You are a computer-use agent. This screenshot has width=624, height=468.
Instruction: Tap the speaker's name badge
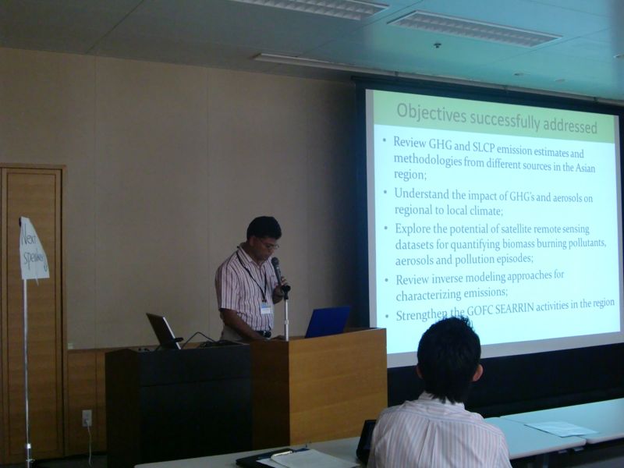[266, 308]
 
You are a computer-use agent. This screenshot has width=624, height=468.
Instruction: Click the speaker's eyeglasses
[270, 244]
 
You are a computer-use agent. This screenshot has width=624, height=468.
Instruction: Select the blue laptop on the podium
[327, 322]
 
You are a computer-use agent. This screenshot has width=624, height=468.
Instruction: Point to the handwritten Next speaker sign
[34, 250]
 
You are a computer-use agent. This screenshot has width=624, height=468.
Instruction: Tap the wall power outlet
[87, 418]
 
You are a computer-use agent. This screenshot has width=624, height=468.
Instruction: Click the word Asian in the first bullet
[586, 167]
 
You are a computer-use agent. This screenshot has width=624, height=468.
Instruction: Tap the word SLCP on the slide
[483, 147]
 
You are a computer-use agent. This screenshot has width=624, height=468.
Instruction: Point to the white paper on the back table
[560, 428]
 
